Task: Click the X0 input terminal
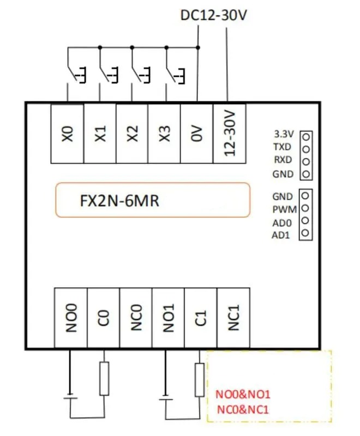point(67,133)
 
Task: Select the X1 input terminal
point(100,133)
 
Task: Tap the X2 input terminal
point(133,133)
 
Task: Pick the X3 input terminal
point(165,133)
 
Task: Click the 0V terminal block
point(197,133)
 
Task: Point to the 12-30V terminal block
point(229,133)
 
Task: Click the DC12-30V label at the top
point(214,15)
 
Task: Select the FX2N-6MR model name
point(119,201)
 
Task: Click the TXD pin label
point(283,147)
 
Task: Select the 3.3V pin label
point(283,134)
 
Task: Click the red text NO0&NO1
point(243,394)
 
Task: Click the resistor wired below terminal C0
point(104,379)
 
